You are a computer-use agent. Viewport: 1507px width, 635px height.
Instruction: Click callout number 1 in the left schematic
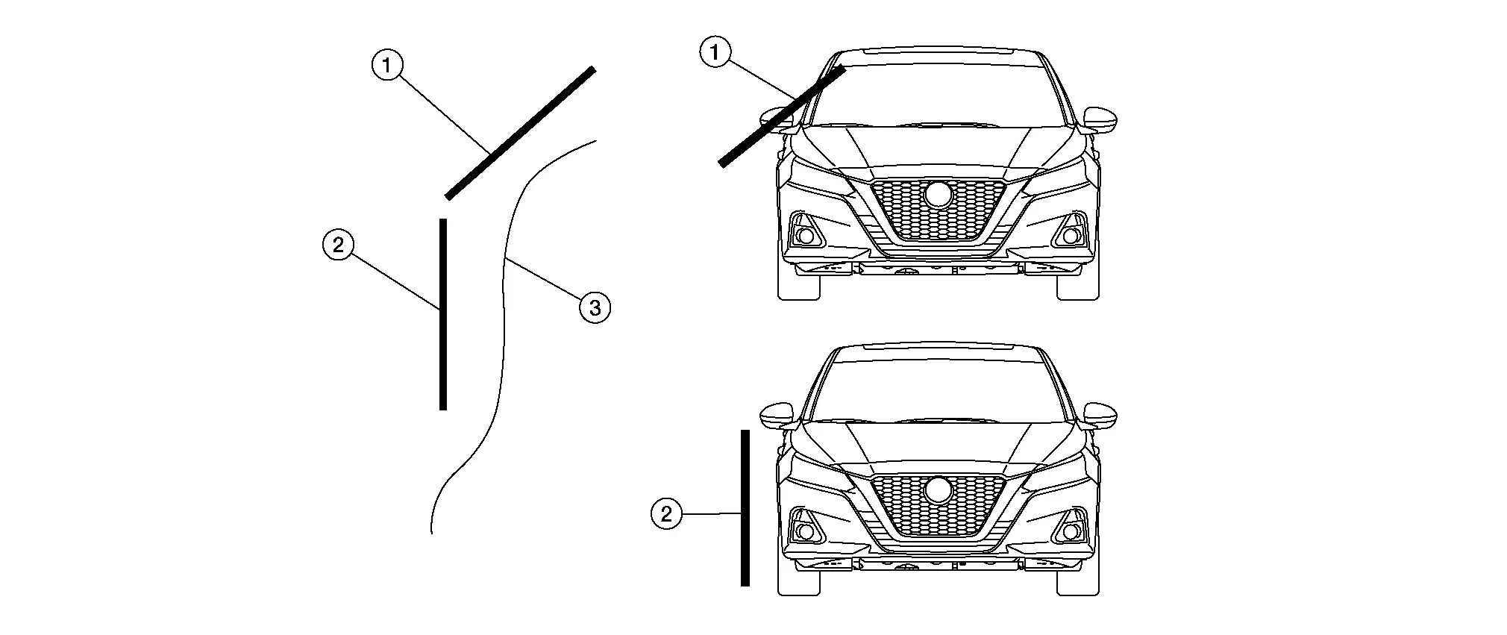tap(386, 66)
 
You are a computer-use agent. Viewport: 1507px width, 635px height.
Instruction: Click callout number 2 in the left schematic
tap(338, 245)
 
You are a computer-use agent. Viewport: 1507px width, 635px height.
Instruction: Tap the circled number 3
tap(595, 307)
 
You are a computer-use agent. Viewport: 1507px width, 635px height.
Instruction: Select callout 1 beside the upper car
tap(715, 52)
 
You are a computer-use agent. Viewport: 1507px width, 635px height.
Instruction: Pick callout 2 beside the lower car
tap(666, 513)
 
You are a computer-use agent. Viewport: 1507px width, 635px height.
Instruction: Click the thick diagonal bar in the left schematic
tap(520, 133)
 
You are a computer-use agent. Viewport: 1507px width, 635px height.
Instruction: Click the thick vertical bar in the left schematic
tap(443, 313)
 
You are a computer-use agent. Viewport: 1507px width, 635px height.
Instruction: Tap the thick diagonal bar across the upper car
tap(781, 116)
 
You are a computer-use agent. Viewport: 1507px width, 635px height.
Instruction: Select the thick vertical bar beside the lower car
tap(745, 507)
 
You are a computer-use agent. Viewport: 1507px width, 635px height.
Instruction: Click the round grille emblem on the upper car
tap(938, 195)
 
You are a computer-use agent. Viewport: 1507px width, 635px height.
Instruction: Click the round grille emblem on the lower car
tap(938, 490)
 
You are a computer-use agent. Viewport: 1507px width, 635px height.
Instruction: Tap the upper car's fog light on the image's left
tap(805, 236)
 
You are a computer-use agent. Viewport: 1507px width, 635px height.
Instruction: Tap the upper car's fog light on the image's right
tap(1071, 236)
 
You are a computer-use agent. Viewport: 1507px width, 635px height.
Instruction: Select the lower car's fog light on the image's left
tap(805, 531)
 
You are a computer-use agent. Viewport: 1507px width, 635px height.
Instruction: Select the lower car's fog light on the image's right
tap(1071, 531)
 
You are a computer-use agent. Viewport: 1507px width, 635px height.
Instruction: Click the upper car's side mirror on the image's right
tap(1101, 119)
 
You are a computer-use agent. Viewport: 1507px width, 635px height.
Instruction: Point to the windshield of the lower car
tap(938, 388)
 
